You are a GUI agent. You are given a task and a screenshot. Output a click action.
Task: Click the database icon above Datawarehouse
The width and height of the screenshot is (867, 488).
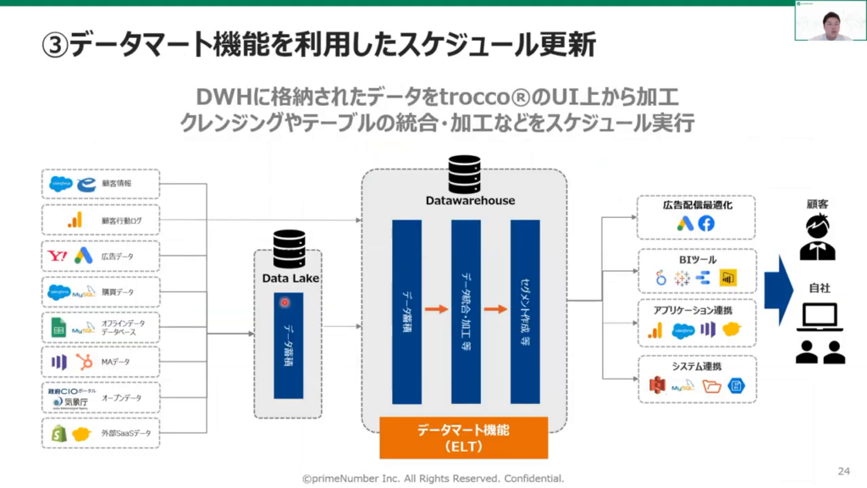coord(464,174)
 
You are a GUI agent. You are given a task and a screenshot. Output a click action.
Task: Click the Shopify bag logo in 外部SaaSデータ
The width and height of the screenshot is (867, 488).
coord(58,434)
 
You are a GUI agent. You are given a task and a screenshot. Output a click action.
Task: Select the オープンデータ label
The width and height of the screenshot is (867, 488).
coord(122,398)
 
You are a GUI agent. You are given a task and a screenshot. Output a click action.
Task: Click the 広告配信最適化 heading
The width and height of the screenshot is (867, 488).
coord(696,205)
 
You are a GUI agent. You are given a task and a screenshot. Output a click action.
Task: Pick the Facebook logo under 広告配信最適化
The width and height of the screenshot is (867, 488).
coord(706,224)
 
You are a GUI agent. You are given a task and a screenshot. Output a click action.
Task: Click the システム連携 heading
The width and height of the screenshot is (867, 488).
coord(696,366)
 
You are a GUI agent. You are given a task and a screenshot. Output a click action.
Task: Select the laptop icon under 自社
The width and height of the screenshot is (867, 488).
coord(819,319)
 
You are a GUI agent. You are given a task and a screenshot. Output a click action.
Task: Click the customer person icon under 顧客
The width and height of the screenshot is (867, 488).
coord(818,236)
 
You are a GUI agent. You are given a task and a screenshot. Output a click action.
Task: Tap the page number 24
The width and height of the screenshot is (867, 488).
coord(843,470)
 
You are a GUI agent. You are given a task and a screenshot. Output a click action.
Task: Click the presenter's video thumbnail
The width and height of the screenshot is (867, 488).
coord(830,21)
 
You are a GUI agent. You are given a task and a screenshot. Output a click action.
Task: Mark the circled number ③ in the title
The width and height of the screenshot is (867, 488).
coord(54,43)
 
